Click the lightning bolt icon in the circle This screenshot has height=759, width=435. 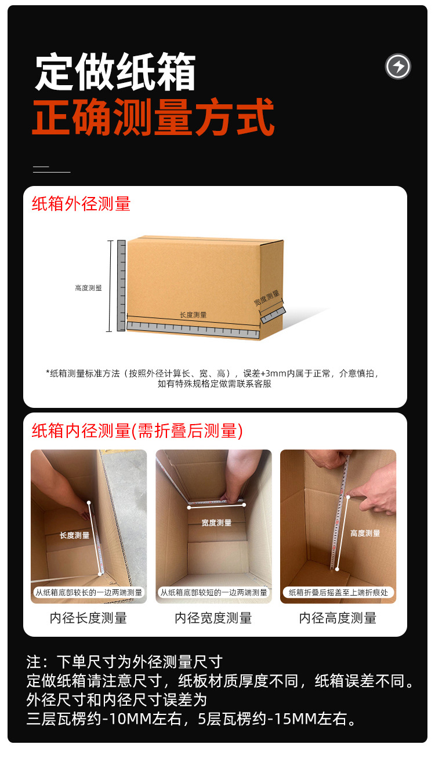coord(398,66)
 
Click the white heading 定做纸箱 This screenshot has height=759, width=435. coord(115,71)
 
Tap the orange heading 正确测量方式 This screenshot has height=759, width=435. coord(153,117)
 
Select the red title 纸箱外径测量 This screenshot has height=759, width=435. coord(81,204)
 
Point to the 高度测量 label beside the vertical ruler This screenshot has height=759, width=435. coord(88,288)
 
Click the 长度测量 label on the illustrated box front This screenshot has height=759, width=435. coord(193,315)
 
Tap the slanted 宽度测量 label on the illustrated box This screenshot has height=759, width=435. coord(267,298)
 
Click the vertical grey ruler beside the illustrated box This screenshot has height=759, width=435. coord(121,286)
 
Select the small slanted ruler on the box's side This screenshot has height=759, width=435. coord(273,315)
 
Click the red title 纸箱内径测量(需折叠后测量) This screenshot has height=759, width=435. coord(137,431)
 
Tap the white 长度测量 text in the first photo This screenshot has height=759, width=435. coord(74,535)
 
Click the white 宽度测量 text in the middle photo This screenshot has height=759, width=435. coord(216,523)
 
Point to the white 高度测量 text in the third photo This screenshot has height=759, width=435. coord(365,534)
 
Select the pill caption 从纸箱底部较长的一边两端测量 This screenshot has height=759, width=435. coord(89,592)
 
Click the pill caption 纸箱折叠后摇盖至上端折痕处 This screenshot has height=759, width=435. coord(338,592)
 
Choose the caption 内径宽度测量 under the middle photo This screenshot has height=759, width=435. coord(213,618)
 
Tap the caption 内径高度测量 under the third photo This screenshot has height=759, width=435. coord(338,618)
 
